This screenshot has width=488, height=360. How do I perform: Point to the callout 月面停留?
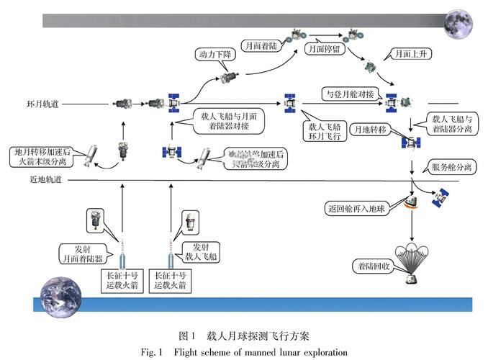322,50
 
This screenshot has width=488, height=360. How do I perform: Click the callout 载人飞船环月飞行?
322,129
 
